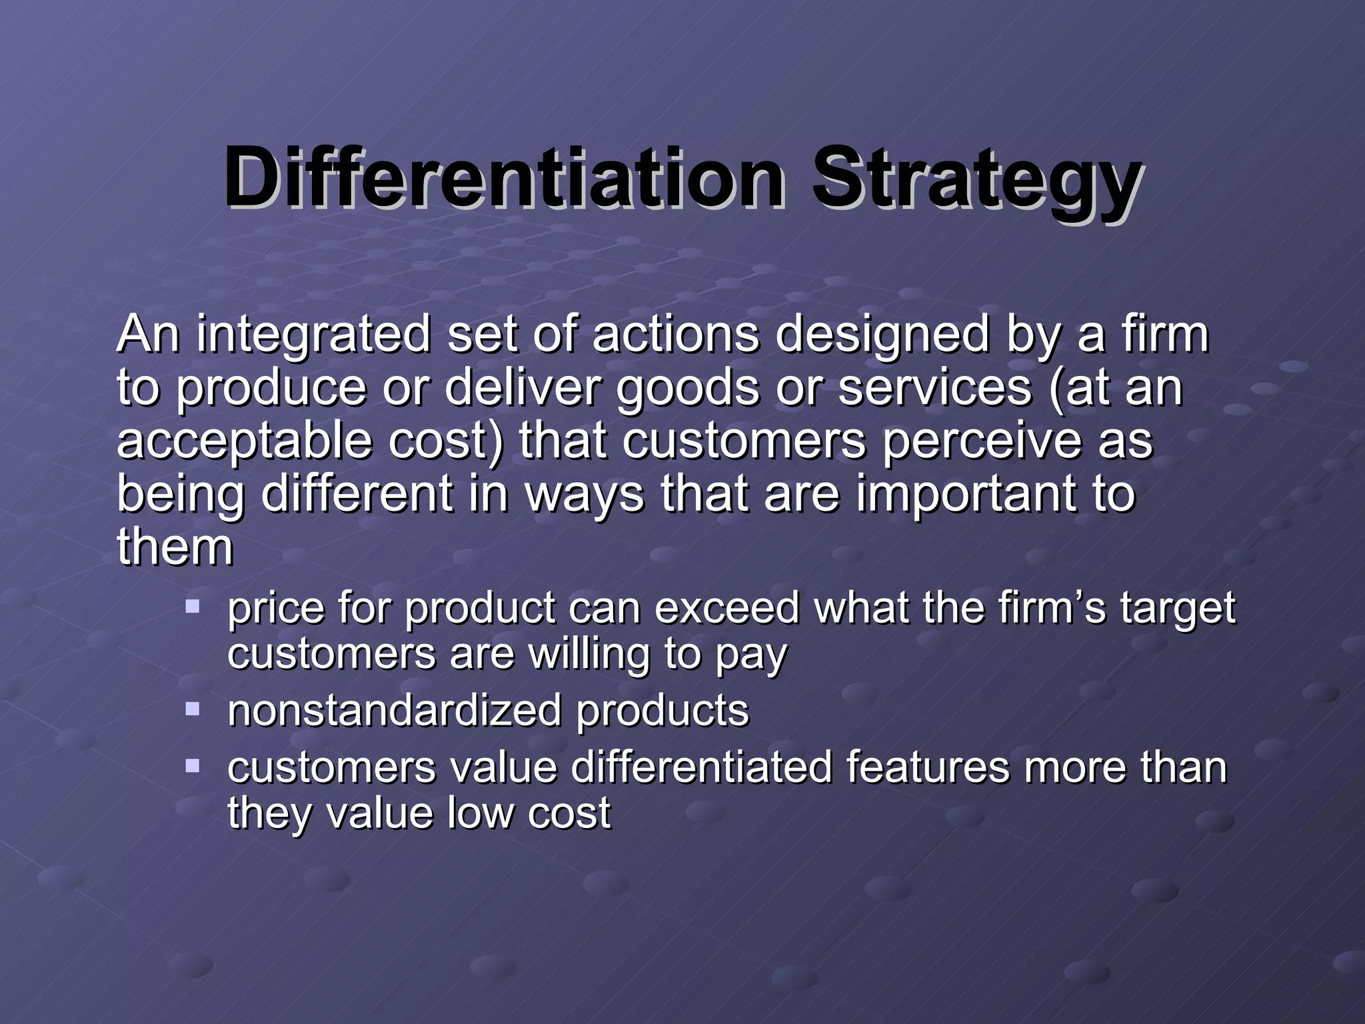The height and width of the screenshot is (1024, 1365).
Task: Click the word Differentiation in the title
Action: click(504, 178)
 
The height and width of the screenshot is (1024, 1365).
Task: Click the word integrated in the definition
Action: click(313, 335)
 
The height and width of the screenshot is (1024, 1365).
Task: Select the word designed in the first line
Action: click(882, 335)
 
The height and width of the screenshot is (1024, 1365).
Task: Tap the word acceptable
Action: click(244, 442)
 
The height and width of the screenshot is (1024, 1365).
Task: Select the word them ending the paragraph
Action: click(175, 547)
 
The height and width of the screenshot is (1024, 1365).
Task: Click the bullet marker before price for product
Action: click(193, 606)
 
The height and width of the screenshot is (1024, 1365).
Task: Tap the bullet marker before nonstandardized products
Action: click(193, 708)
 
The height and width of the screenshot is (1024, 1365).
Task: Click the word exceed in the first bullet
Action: click(726, 608)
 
